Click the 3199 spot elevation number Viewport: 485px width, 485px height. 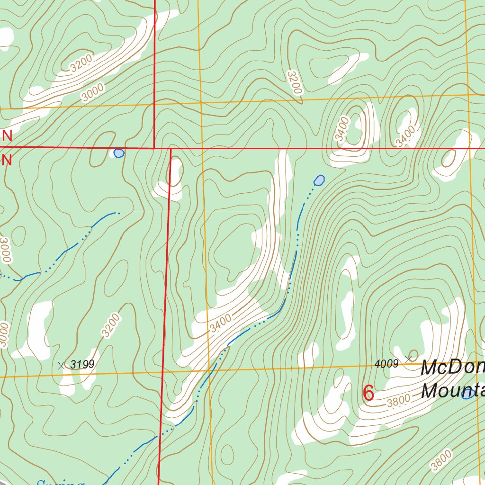[x=82, y=364]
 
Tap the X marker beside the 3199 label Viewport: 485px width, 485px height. [x=61, y=365]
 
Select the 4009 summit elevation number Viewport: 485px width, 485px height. [x=386, y=364]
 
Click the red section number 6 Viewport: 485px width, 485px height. [x=368, y=393]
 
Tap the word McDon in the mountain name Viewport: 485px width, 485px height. [x=452, y=368]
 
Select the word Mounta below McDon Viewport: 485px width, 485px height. [x=452, y=391]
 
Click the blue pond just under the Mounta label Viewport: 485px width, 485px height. [x=468, y=394]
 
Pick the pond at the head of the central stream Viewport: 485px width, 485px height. [x=320, y=180]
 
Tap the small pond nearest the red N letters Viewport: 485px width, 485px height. [x=119, y=153]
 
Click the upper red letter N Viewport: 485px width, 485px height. [x=7, y=136]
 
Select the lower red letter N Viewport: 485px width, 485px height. [x=7, y=160]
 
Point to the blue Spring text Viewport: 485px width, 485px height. [x=60, y=482]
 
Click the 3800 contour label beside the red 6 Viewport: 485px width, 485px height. [x=398, y=401]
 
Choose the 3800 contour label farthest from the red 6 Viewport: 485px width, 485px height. [x=441, y=460]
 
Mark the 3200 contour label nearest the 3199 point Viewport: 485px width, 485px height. [x=111, y=325]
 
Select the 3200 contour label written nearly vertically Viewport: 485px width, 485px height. [x=294, y=82]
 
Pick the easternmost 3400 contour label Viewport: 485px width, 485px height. [x=406, y=136]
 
